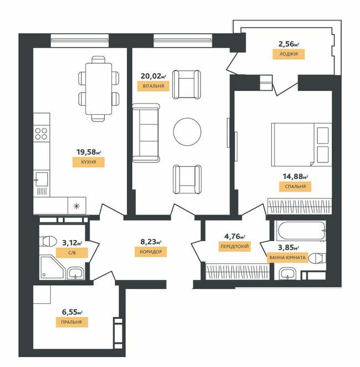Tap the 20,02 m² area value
pyautogui.click(x=150, y=76)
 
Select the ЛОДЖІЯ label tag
pyautogui.click(x=286, y=54)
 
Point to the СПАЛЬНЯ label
pyautogui.click(x=295, y=186)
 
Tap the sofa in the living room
pyautogui.click(x=146, y=132)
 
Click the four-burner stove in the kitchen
pyautogui.click(x=41, y=133)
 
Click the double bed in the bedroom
pyautogui.click(x=301, y=144)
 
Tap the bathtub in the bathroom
pyautogui.click(x=300, y=230)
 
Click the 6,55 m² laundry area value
pyautogui.click(x=75, y=313)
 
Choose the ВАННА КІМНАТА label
pyautogui.click(x=288, y=258)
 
